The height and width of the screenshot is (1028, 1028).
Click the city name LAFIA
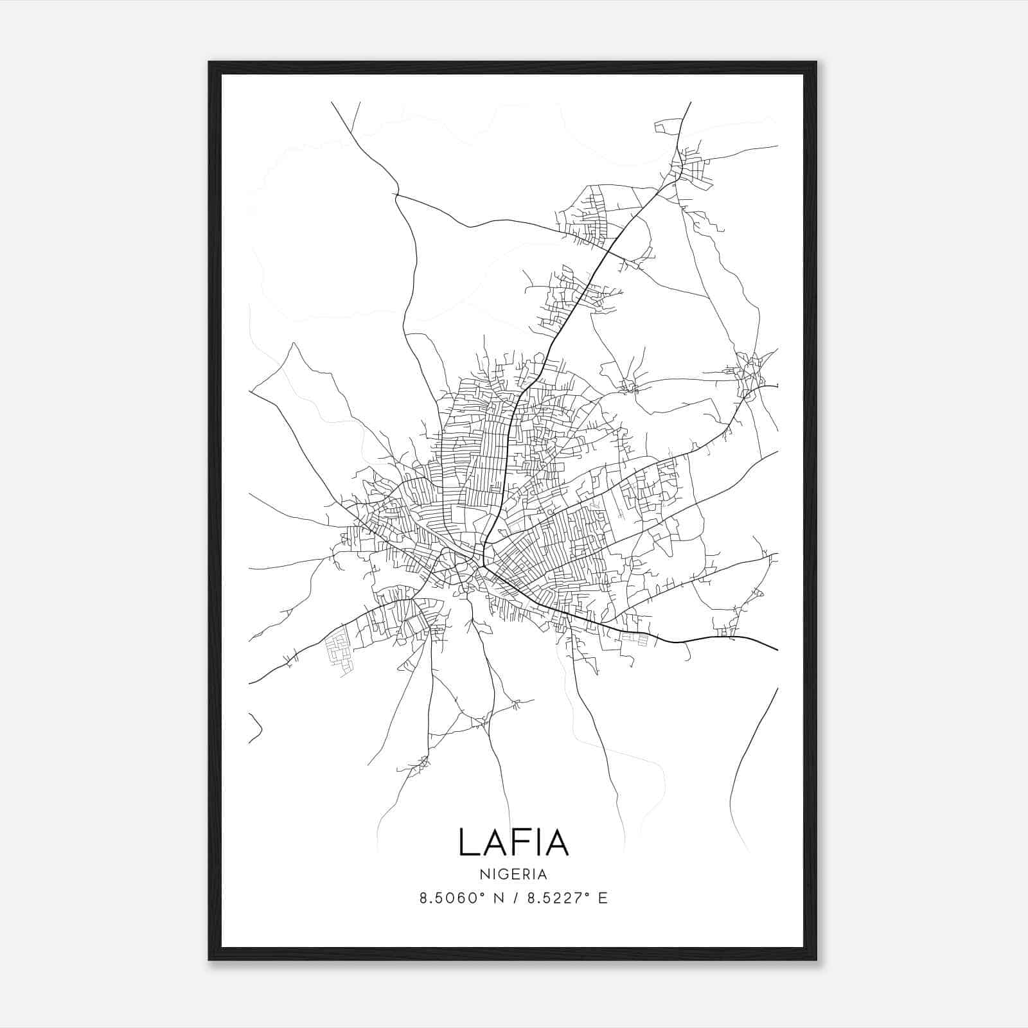click(513, 842)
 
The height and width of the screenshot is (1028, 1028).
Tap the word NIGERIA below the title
click(513, 874)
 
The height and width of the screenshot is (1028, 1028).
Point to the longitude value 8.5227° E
click(567, 898)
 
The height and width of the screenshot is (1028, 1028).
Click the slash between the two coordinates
click(514, 898)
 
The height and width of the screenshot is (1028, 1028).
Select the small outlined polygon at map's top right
click(666, 127)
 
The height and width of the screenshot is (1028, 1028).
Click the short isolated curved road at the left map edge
click(256, 727)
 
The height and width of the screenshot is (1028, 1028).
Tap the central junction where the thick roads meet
click(483, 560)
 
